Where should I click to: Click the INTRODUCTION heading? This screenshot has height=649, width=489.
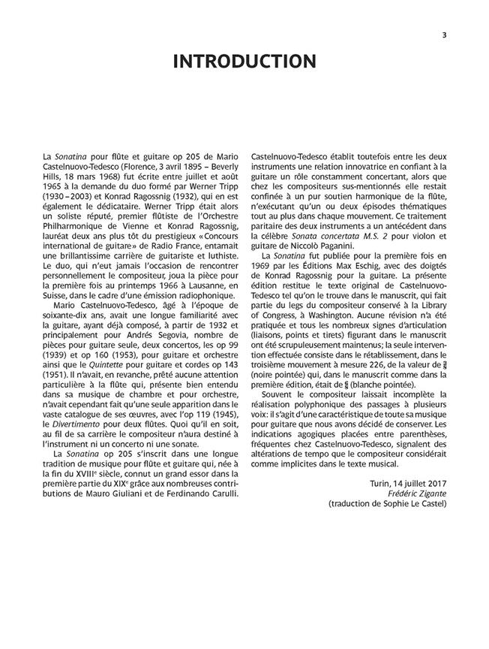(x=244, y=62)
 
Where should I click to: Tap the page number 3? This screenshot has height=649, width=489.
(x=444, y=32)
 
